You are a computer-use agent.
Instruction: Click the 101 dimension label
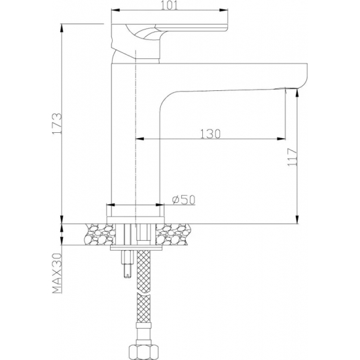[170, 5]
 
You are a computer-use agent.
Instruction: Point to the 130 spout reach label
[210, 134]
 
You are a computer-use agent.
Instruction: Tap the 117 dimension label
[293, 157]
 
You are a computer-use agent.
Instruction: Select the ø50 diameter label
[183, 199]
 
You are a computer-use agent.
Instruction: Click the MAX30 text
[57, 273]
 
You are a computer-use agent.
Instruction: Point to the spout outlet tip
[290, 88]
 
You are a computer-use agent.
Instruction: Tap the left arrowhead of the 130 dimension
[140, 139]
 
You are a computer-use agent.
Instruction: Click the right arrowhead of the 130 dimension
[281, 139]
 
